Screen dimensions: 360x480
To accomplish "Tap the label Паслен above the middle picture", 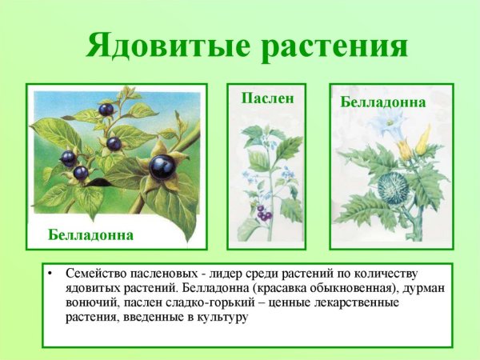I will point(262,98).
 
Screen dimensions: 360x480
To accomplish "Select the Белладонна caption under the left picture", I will point(90,235).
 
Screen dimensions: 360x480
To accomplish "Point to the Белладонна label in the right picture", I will point(382,102).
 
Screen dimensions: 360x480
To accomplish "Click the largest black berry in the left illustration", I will point(163,167).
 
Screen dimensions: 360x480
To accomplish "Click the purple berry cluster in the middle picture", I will point(263,213).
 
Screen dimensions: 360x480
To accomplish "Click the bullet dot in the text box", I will point(51,273).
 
